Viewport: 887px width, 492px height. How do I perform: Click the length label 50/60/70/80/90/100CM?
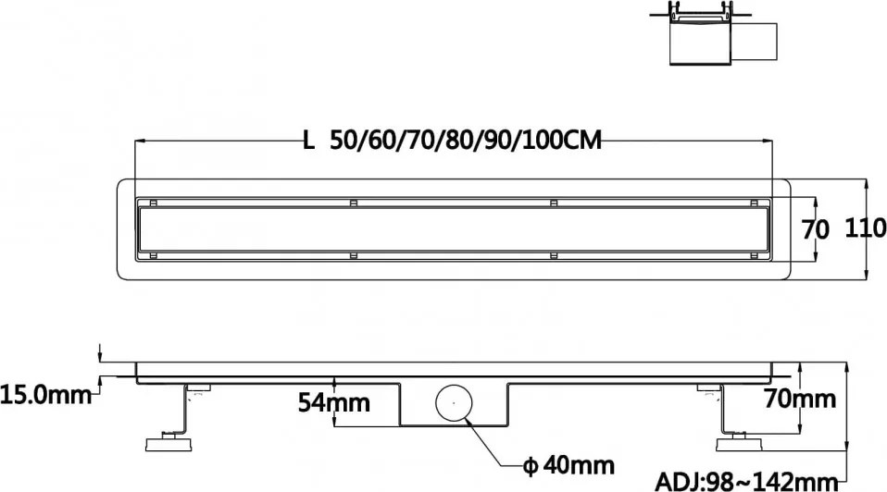[466, 141]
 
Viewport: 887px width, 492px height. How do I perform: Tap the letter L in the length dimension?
[309, 141]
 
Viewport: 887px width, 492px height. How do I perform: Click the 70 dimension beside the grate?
[816, 230]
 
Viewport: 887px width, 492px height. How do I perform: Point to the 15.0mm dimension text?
[45, 395]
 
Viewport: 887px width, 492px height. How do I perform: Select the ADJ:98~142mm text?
[746, 481]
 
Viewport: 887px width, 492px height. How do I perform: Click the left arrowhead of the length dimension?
[140, 141]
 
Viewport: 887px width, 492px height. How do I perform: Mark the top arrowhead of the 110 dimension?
[865, 182]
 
